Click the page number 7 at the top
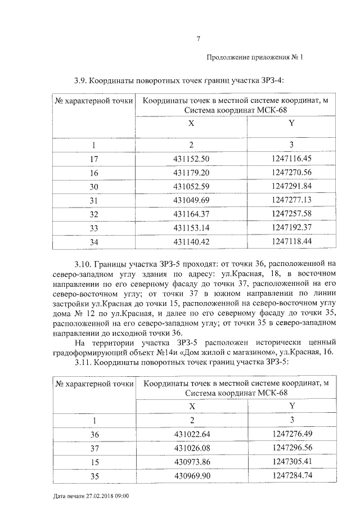coord(198,39)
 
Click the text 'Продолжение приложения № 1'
coord(255,57)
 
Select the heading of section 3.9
coord(178,79)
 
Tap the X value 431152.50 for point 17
coord(192,159)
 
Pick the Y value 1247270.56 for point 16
coord(291,172)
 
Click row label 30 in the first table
coord(94,186)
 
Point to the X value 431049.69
coord(192,200)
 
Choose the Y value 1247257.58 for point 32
coord(291,214)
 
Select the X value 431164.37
coord(192,214)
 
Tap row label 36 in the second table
coord(94,434)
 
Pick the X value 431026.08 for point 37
coord(192,448)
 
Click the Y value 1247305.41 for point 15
coord(291,461)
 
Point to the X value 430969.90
coord(192,475)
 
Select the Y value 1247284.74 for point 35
coord(291,475)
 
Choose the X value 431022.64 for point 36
coord(192,434)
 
